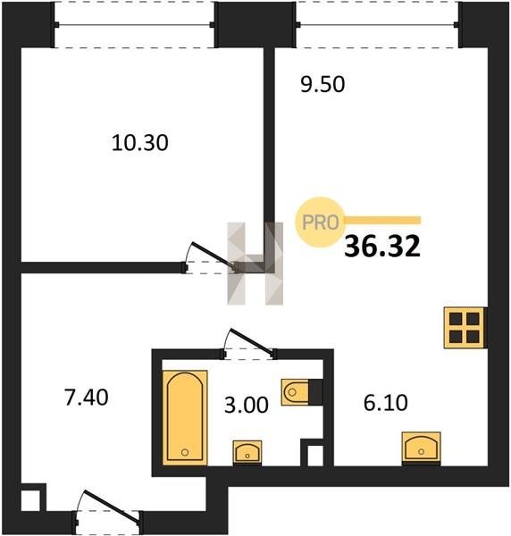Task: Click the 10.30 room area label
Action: click(x=140, y=143)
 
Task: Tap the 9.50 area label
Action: click(x=323, y=85)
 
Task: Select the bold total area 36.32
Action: click(x=382, y=247)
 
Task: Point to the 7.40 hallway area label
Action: click(x=87, y=398)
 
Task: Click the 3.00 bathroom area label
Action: click(x=246, y=405)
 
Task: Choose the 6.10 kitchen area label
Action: click(x=386, y=403)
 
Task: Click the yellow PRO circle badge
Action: click(x=321, y=222)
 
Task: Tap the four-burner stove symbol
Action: click(x=465, y=328)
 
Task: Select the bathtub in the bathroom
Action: click(x=185, y=418)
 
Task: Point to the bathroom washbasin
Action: click(x=247, y=452)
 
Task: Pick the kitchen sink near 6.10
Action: click(x=421, y=448)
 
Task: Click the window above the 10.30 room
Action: click(x=134, y=25)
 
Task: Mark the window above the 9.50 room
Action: click(x=377, y=25)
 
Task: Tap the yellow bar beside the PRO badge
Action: click(x=383, y=220)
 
